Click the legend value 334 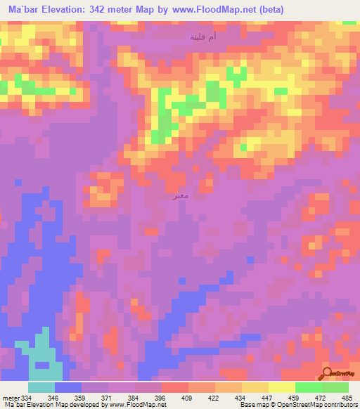tap(26, 396)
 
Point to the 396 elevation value tap(161, 396)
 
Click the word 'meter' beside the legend tap(10, 396)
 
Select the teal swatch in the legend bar tap(41, 387)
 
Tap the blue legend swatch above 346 tap(68, 387)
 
